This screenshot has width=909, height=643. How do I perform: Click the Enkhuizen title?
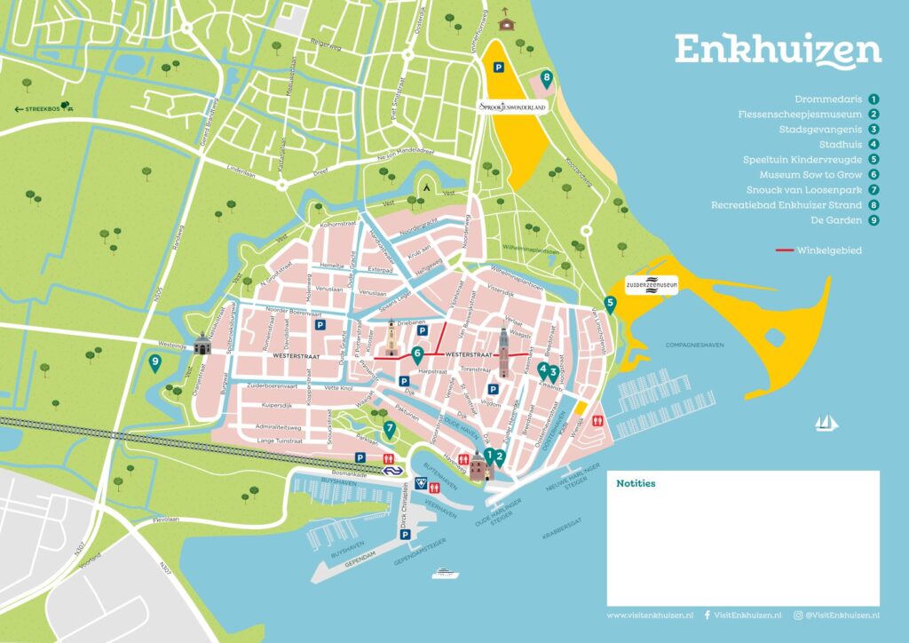tap(778, 51)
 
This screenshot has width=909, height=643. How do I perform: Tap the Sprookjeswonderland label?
tap(513, 107)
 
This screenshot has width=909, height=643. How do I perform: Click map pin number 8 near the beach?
tap(547, 79)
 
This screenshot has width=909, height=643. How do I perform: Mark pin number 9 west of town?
tap(155, 362)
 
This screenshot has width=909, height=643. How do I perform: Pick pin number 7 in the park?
tap(389, 430)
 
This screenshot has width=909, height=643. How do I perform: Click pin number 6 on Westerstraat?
tap(417, 353)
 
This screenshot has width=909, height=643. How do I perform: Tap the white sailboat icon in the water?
tap(827, 423)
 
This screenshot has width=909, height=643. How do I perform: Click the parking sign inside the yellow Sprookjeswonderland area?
tap(499, 67)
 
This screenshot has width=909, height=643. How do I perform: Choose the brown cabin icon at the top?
tap(507, 20)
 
